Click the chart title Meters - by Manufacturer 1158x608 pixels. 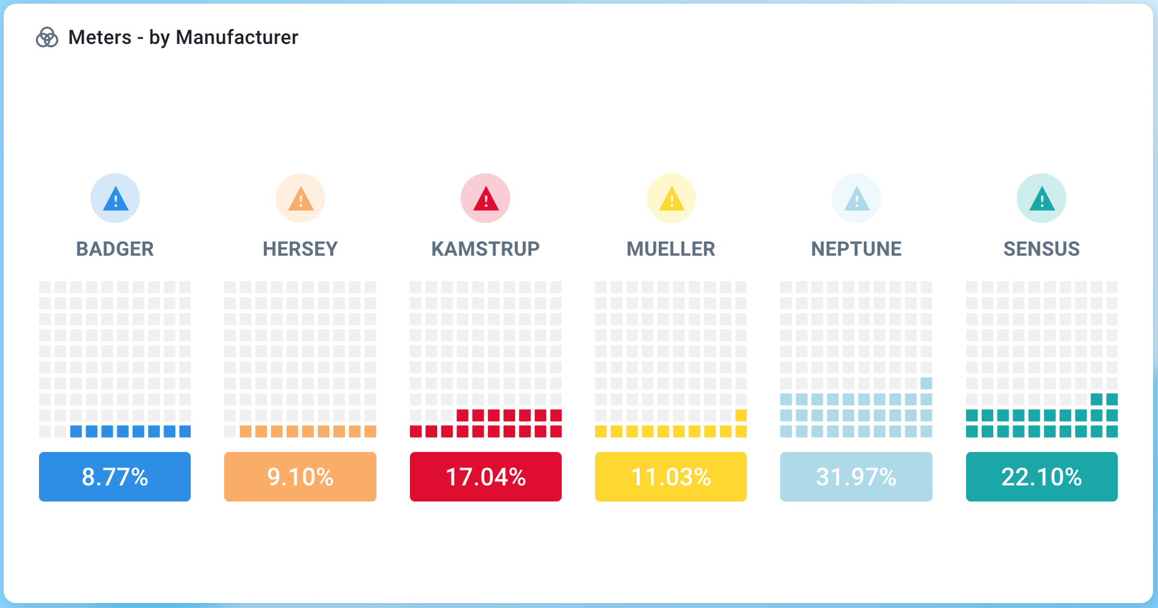pyautogui.click(x=183, y=38)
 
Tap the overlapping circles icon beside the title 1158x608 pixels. pyautogui.click(x=47, y=38)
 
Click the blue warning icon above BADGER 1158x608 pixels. pyautogui.click(x=115, y=198)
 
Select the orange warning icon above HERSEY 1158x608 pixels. pyautogui.click(x=300, y=198)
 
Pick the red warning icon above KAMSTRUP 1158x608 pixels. pyautogui.click(x=485, y=198)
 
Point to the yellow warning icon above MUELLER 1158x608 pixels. pyautogui.click(x=671, y=198)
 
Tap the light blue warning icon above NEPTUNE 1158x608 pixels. pyautogui.click(x=856, y=198)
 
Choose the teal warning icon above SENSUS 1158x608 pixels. pyautogui.click(x=1042, y=198)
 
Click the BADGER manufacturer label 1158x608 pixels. pyautogui.click(x=115, y=249)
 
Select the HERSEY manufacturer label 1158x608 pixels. pyautogui.click(x=300, y=249)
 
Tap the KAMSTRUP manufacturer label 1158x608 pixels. pyautogui.click(x=485, y=249)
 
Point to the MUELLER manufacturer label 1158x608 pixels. pyautogui.click(x=671, y=249)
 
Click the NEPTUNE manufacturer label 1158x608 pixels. pyautogui.click(x=856, y=249)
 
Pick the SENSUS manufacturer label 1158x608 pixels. pyautogui.click(x=1042, y=249)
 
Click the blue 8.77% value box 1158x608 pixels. pyautogui.click(x=115, y=477)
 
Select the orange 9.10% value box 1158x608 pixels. pyautogui.click(x=300, y=477)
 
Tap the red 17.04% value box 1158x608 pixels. pyautogui.click(x=485, y=477)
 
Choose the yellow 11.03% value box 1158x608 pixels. pyautogui.click(x=671, y=477)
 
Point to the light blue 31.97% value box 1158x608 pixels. pyautogui.click(x=856, y=477)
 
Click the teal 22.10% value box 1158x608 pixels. pyautogui.click(x=1042, y=477)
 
